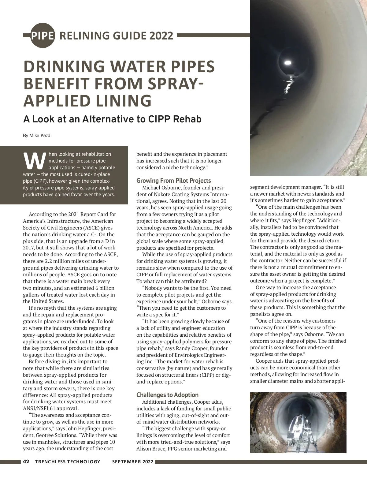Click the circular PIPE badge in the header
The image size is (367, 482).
pos(43,35)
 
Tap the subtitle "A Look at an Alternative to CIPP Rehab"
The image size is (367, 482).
pos(112,119)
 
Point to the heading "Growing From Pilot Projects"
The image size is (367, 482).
pos(173,181)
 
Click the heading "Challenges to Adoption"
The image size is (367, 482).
pos(167,395)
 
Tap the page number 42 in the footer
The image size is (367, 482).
pos(26,461)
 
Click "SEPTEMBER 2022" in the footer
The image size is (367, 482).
pos(133,462)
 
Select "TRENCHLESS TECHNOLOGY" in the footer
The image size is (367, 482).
pos(68,462)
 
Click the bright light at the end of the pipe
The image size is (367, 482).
pos(288,63)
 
